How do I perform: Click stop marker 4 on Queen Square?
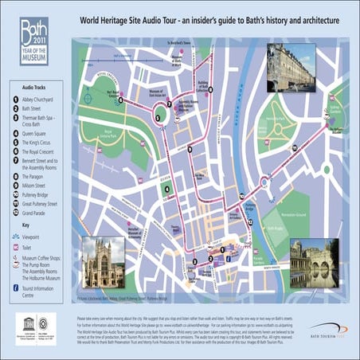pos(166,189)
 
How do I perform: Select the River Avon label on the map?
pos(240,96)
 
